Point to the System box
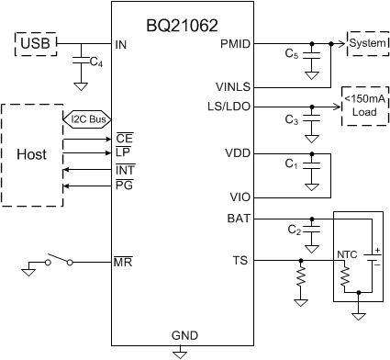coord(366,42)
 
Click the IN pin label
coord(121,44)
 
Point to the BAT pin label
coord(236,219)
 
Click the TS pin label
coord(240,261)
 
